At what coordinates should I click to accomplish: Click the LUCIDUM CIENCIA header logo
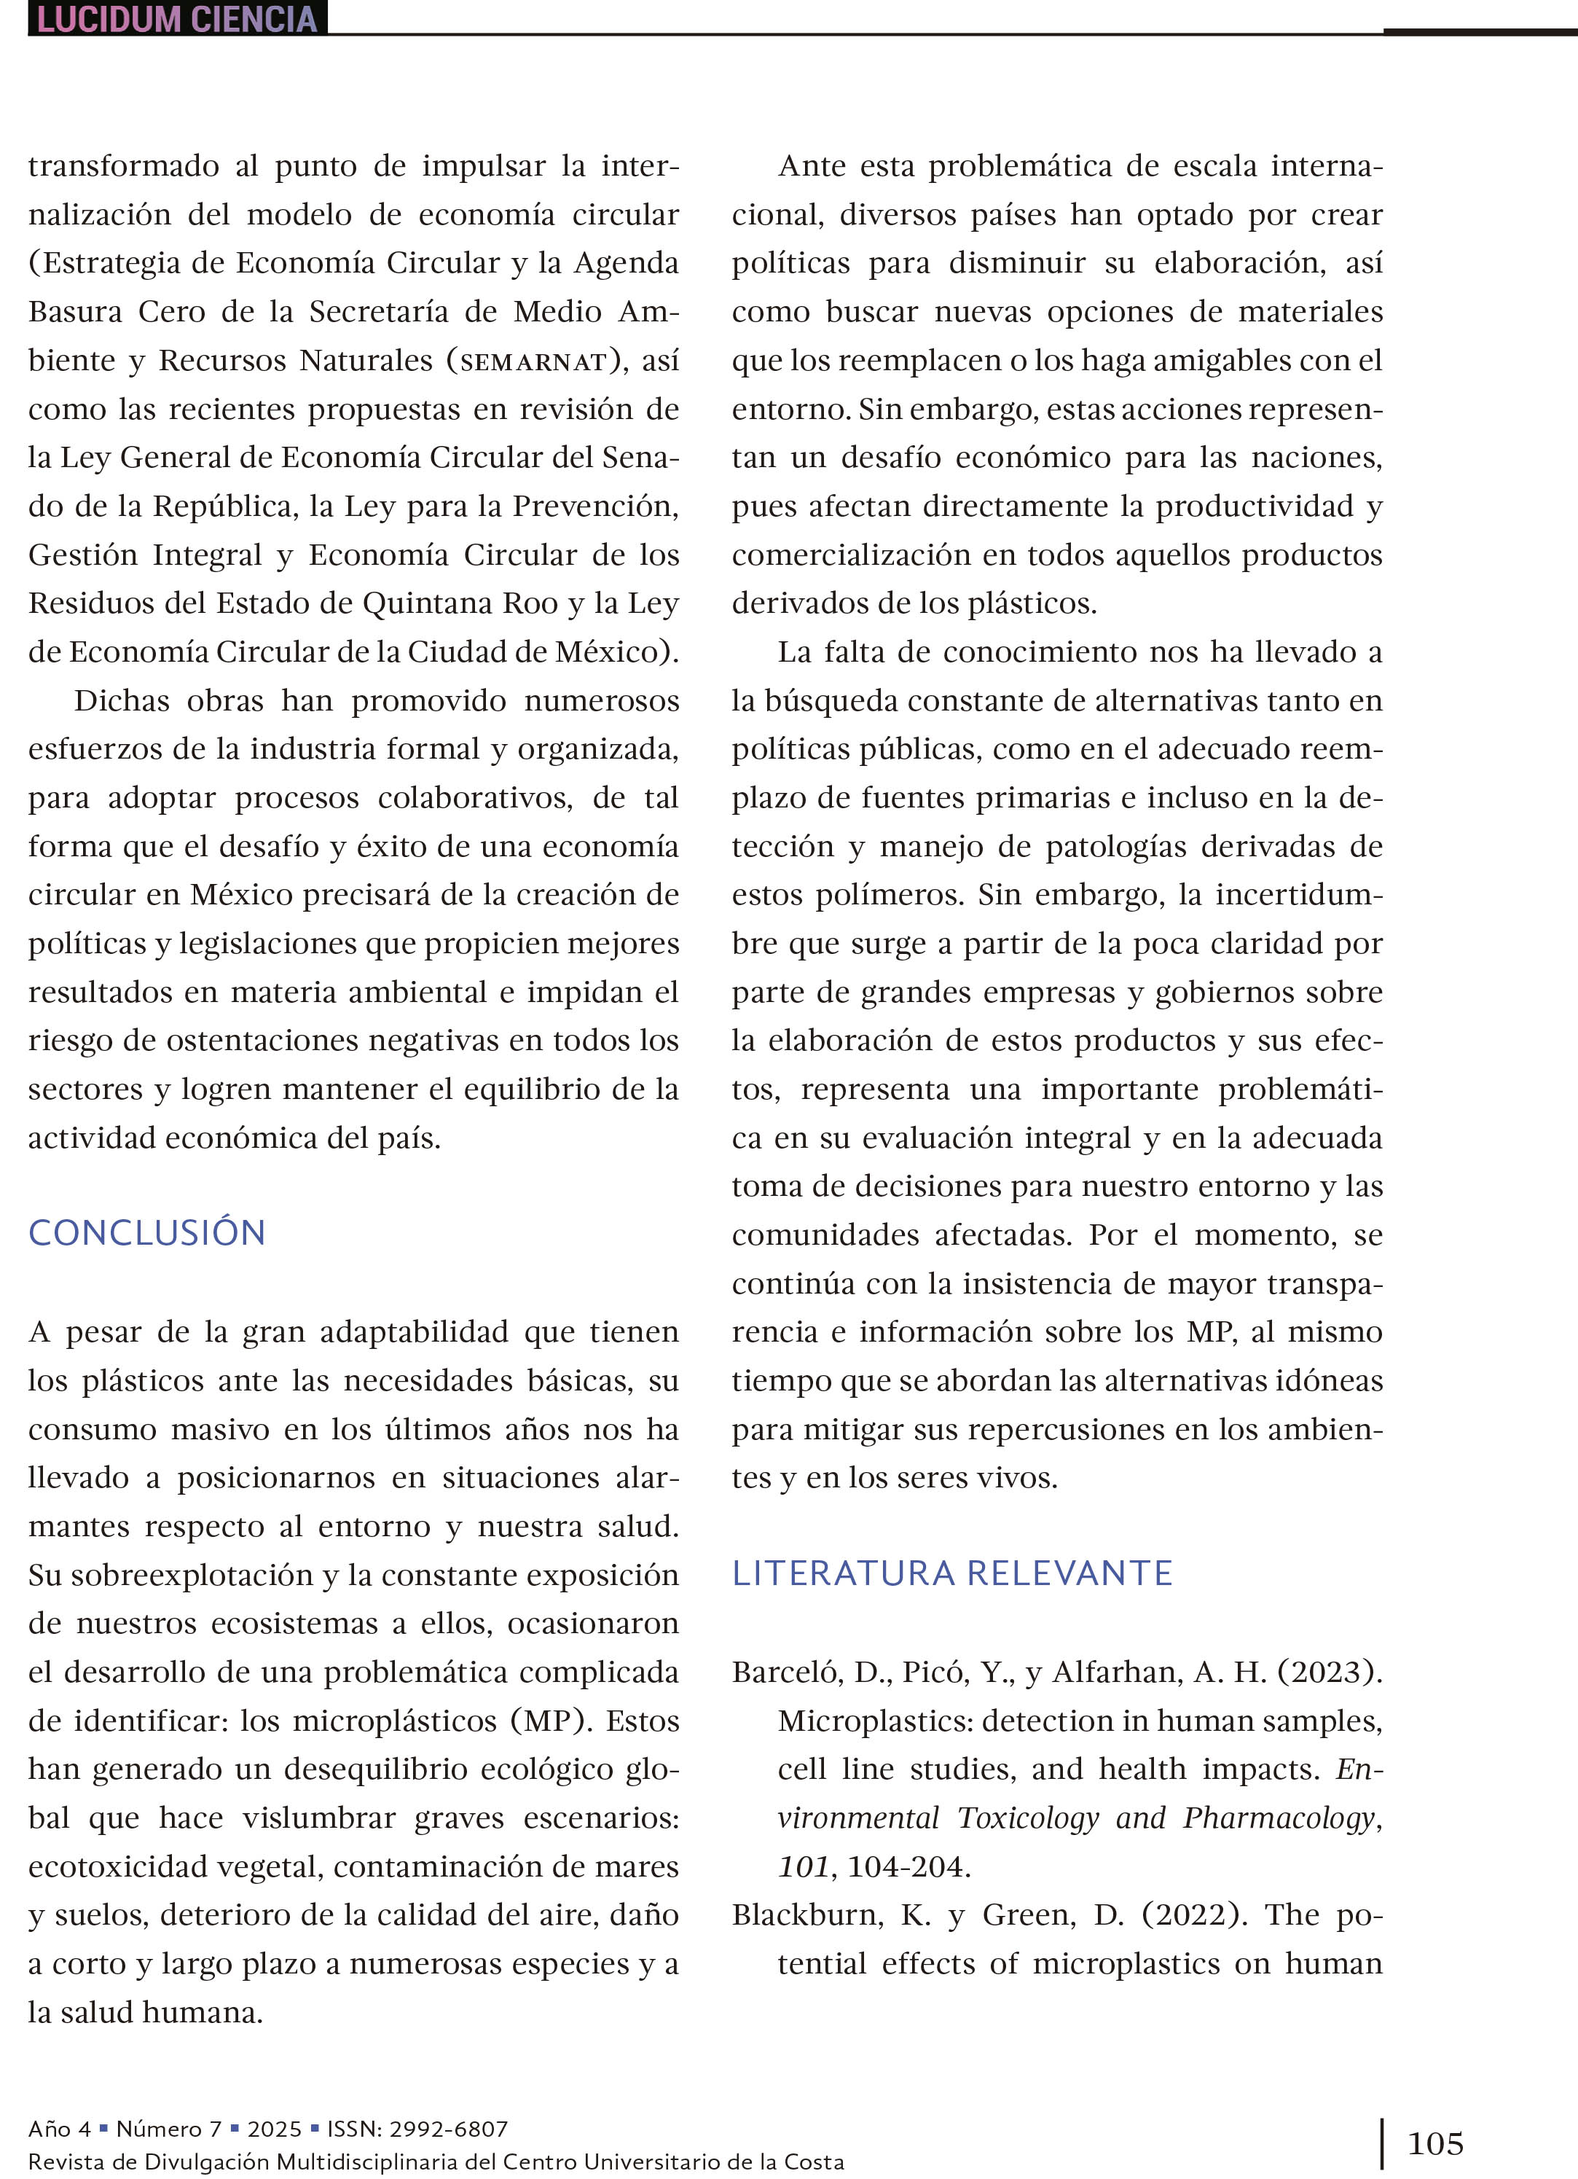click(178, 18)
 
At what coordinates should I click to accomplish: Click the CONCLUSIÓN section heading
click(147, 1232)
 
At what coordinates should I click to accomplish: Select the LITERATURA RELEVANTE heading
click(951, 1573)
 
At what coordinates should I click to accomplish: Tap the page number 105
click(1435, 2143)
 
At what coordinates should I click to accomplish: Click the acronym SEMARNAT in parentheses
click(534, 361)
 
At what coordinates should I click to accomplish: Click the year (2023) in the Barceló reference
click(1330, 1673)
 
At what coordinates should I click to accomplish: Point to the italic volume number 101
click(803, 1867)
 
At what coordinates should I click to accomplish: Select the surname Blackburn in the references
click(806, 1914)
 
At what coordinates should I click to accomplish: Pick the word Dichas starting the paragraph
click(121, 700)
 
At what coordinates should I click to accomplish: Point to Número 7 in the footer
click(169, 2129)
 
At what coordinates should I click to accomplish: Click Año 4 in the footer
click(60, 2129)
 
